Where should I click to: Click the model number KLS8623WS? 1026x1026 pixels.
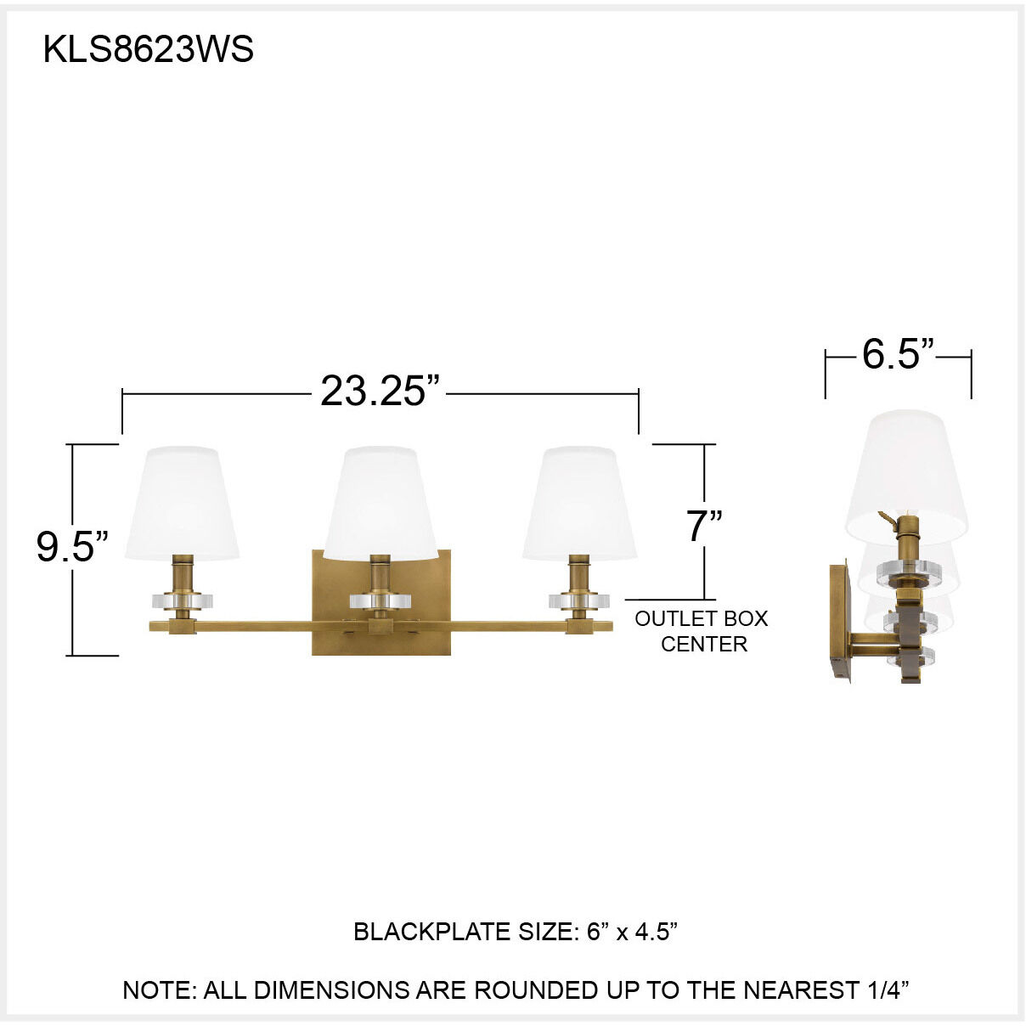149,50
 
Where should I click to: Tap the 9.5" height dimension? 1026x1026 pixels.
73,546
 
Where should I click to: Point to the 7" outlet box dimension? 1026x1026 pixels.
704,527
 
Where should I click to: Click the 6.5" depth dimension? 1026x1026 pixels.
898,354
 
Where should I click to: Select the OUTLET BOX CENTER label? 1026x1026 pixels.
702,631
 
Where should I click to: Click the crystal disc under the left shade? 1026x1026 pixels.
182,600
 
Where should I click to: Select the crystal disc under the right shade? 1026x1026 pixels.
580,600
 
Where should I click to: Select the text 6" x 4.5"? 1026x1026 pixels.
632,932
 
